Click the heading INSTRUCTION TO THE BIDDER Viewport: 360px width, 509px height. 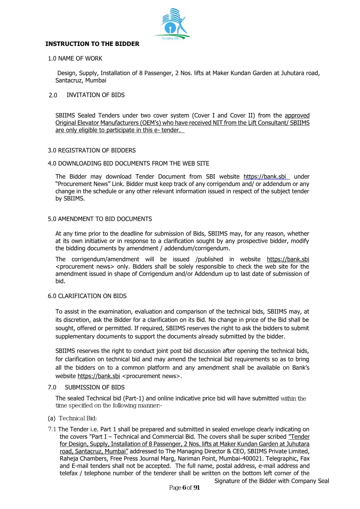[x=92, y=44]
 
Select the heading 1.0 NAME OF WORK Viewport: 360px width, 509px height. [x=75, y=58]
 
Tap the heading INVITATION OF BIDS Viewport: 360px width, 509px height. [x=96, y=95]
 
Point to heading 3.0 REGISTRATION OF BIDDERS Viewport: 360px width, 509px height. [x=92, y=150]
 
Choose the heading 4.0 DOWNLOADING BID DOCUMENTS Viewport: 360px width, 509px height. [x=128, y=163]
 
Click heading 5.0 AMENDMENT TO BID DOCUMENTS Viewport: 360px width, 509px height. [x=100, y=219]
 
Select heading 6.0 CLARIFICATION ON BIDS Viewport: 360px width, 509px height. [x=87, y=296]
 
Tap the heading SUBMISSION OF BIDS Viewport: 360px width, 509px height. [x=95, y=387]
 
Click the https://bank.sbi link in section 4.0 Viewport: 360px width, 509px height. [x=265, y=177]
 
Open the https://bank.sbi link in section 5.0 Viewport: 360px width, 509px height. [x=288, y=259]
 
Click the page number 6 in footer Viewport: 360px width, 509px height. [x=184, y=488]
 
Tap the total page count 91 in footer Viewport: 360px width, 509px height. [x=197, y=488]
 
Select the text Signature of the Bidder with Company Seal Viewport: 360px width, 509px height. [x=271, y=481]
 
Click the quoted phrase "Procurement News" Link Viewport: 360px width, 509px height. [x=85, y=184]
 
